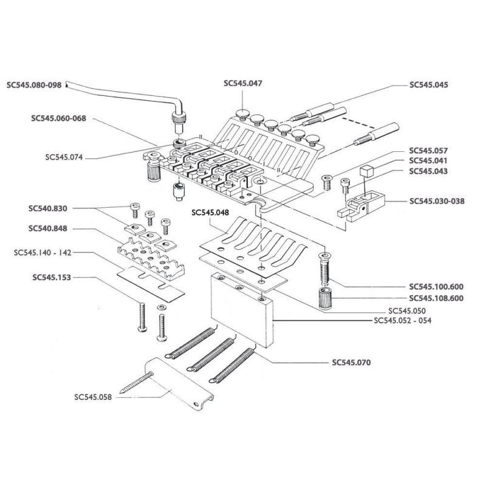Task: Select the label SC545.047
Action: [242, 84]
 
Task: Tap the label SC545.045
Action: [429, 85]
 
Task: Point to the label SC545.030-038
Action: [437, 201]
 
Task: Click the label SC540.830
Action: [48, 208]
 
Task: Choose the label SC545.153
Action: [51, 277]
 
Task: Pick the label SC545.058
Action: [92, 398]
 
